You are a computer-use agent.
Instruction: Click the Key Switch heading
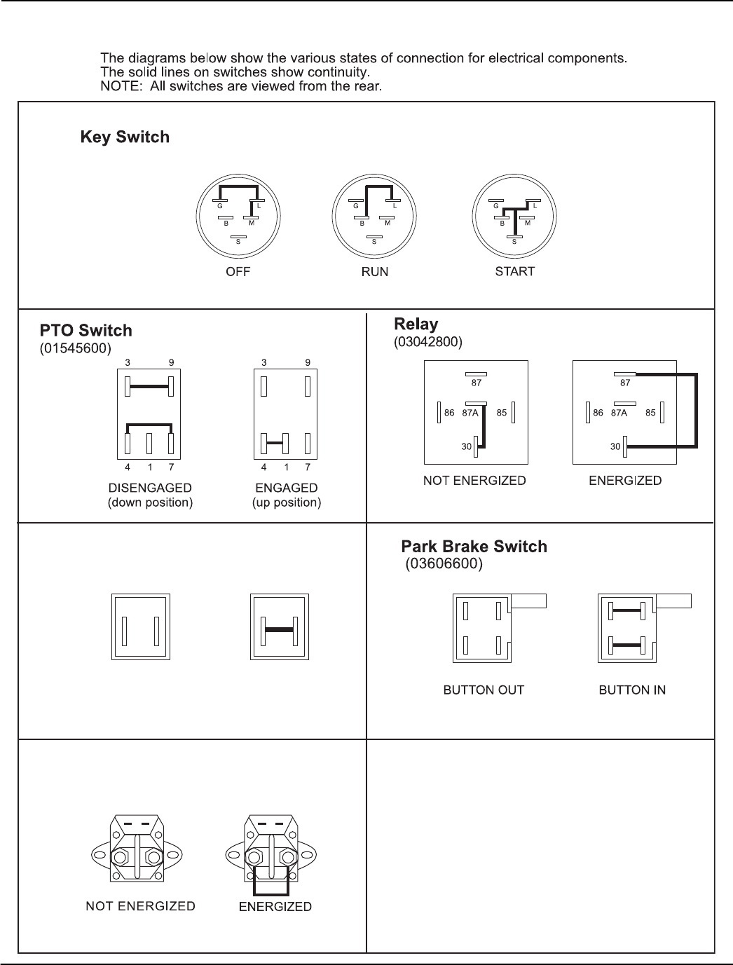pos(125,137)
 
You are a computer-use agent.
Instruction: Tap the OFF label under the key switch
pos(238,272)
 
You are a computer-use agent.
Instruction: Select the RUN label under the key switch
pos(374,272)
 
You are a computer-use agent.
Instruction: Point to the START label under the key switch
pos(514,271)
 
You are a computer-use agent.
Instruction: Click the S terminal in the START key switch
pos(514,241)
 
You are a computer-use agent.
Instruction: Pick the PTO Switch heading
pos(85,330)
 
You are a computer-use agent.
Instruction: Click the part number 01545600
pos(75,348)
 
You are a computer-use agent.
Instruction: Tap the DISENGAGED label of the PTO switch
pos(150,488)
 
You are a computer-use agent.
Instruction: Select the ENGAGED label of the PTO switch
pos(286,488)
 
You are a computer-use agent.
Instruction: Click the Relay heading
pos(416,324)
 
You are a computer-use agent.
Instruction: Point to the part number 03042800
pos(428,341)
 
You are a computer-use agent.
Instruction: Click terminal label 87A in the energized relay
pos(619,413)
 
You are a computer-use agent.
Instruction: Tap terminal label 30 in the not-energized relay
pos(466,446)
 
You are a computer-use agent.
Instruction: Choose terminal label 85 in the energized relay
pos(650,413)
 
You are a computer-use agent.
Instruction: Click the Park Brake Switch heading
pos(474,547)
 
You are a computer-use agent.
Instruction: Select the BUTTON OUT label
pos(484,690)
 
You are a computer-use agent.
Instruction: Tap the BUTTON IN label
pos(632,690)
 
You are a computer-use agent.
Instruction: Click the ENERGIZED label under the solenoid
pos(275,907)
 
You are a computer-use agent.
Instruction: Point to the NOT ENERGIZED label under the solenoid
pos(140,906)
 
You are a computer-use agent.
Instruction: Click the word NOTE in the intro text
pos(118,87)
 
